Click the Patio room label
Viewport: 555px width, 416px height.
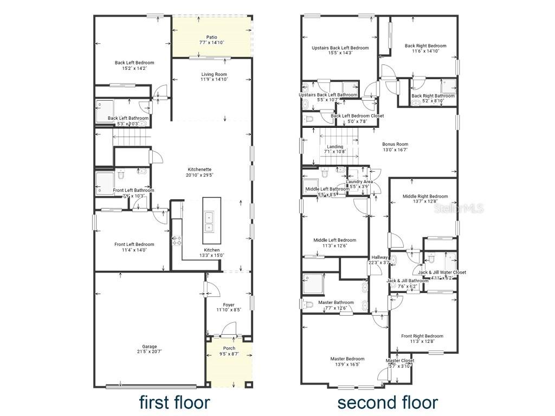[x=211, y=37]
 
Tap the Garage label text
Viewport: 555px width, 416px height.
[x=150, y=347]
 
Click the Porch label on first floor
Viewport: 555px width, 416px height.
[x=229, y=348]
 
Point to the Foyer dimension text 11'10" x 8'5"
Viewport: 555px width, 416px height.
[x=228, y=310]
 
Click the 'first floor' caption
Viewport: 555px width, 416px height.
[x=174, y=402]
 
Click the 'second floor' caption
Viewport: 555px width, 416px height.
[x=388, y=402]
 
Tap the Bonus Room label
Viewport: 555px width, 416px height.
[x=395, y=144]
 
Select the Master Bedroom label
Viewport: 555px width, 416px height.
[x=347, y=359]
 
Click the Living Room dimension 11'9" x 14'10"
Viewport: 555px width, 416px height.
[x=214, y=80]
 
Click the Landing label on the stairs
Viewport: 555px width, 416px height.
[x=335, y=147]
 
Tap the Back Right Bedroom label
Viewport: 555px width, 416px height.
[x=425, y=46]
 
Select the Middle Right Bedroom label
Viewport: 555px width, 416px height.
[x=425, y=197]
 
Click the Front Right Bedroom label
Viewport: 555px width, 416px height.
[x=422, y=336]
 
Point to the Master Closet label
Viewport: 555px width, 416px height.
[x=400, y=361]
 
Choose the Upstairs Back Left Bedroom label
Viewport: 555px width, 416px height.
[x=340, y=48]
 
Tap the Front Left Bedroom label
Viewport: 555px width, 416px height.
[x=134, y=244]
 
